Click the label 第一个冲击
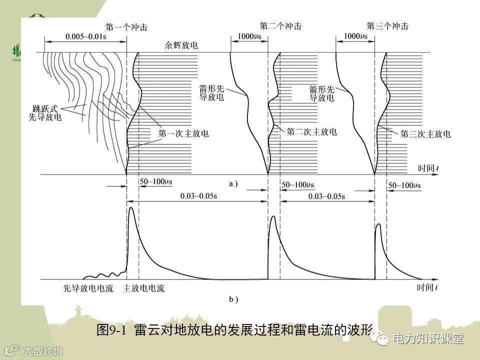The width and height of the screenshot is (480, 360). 126,26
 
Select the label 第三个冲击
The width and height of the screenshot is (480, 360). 387,26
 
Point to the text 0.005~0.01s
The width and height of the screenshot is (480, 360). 85,36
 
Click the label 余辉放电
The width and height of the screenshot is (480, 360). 181,45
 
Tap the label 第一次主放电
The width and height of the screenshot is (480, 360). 183,133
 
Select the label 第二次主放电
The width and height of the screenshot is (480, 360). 311,132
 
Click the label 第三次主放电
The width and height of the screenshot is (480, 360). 425,133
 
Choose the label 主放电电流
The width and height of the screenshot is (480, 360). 144,288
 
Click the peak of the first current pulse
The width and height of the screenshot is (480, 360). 131,207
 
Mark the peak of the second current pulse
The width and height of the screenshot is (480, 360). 273,216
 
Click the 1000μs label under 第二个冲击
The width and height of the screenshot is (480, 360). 248,36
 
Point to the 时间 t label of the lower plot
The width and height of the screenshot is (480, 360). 429,287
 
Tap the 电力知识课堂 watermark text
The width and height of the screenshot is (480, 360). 428,338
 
